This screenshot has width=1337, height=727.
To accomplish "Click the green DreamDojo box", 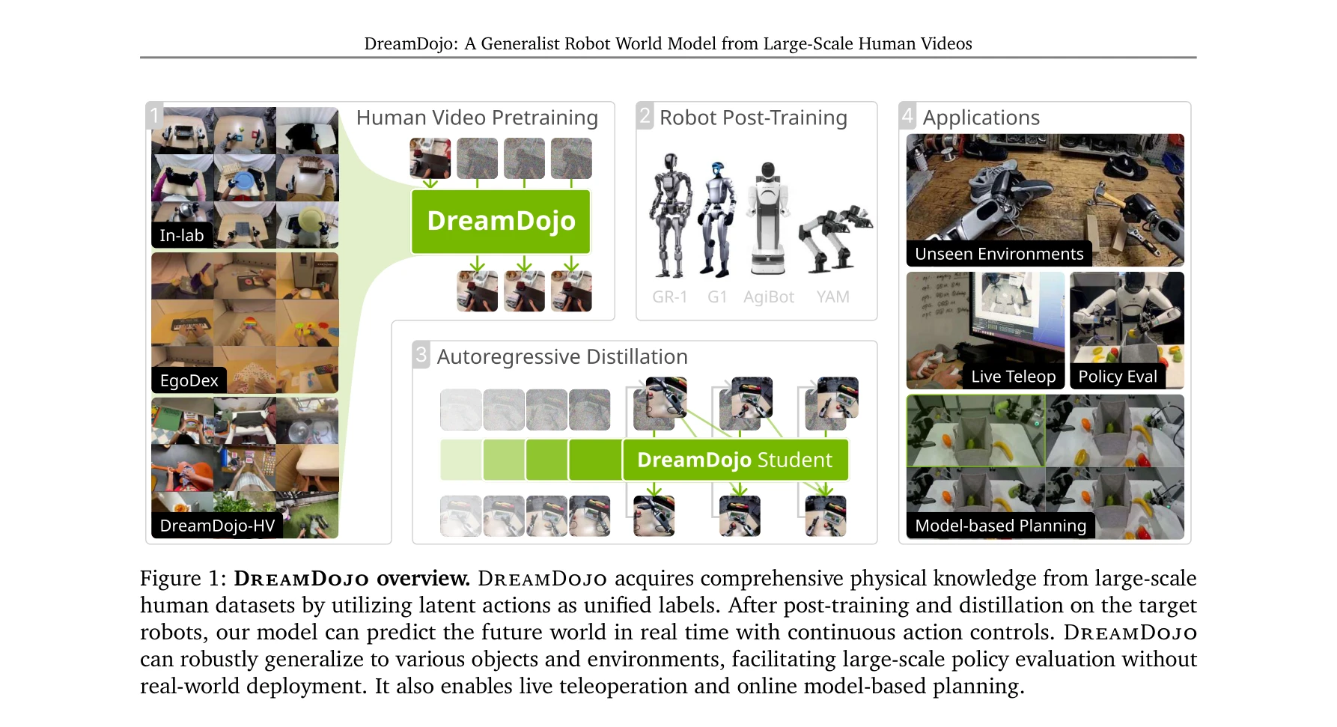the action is pos(501,222).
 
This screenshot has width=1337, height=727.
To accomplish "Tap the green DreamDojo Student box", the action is pos(735,460).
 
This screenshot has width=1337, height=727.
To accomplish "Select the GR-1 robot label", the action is pos(670,297).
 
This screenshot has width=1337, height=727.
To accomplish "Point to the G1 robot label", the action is pos(717,297).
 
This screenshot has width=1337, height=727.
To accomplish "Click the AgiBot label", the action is pos(769,297).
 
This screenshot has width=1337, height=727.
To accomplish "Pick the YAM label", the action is pos(833,297).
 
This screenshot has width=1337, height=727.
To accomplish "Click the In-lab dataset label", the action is pos(182,235).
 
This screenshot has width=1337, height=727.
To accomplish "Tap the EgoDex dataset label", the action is pos(189,380).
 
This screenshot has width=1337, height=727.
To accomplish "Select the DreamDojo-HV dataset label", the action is pos(217,526).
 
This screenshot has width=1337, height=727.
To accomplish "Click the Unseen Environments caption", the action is pos(999,254).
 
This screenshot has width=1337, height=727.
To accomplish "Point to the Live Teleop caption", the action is pos(1014,377).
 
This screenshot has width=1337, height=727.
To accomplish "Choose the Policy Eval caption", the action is pos(1118,377).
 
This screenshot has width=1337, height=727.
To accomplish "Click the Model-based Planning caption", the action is pos(1001,526).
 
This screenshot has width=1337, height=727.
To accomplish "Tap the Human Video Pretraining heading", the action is pos(477,118).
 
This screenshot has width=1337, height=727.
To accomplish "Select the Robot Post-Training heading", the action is pos(753,118).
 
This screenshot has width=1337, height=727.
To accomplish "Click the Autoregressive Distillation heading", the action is pos(562,356).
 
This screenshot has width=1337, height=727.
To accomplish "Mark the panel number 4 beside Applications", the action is pos(908,115).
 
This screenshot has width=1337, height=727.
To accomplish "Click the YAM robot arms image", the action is pos(834,238).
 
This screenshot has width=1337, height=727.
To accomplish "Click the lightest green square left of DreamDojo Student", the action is pos(460,460).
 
